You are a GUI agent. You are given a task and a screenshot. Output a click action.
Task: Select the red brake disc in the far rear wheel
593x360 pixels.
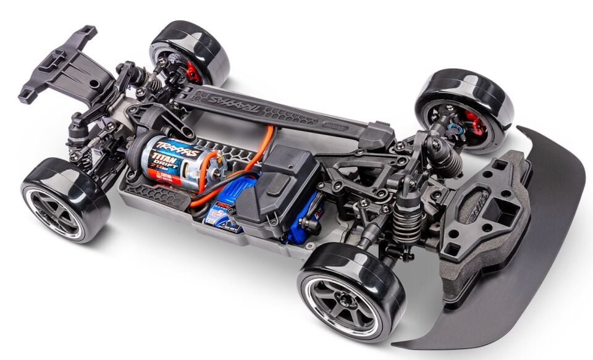[193, 72]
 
